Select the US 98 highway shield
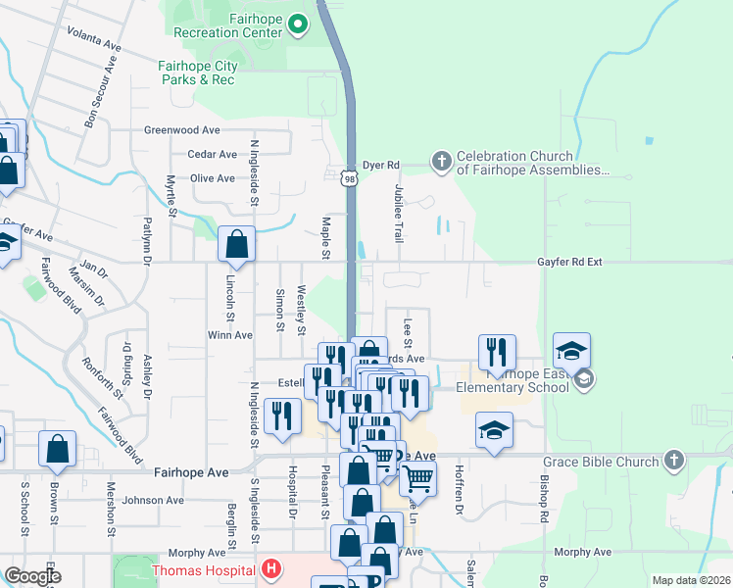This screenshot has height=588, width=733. point(350,177)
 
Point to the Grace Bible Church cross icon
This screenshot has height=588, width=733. point(673,459)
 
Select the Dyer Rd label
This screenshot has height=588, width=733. point(382,165)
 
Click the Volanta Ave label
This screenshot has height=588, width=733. point(94,46)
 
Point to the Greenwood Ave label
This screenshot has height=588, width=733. point(182,129)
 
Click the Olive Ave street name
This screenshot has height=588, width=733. point(212,178)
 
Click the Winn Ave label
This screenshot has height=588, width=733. point(229,335)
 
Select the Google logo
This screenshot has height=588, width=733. point(33,576)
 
